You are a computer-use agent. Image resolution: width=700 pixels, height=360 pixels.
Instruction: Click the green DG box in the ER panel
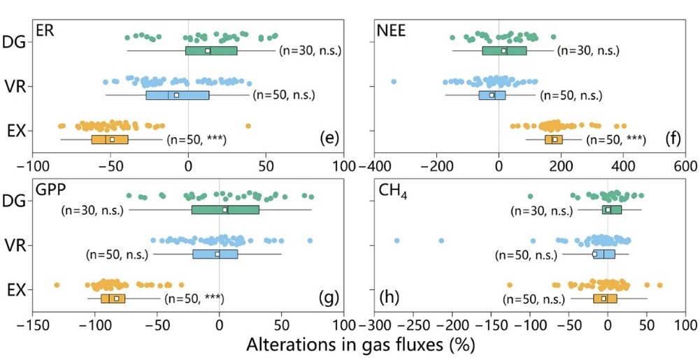click(x=211, y=50)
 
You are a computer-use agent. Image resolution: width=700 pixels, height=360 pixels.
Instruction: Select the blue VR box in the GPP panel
click(x=215, y=254)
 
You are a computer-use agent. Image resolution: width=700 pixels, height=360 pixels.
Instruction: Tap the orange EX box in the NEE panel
click(x=554, y=139)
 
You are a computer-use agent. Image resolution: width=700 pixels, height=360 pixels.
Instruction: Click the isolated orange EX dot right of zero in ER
click(x=248, y=126)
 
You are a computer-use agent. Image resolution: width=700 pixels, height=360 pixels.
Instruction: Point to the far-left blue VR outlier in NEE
click(x=393, y=82)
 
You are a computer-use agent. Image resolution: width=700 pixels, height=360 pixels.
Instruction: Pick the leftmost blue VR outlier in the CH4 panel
click(x=397, y=240)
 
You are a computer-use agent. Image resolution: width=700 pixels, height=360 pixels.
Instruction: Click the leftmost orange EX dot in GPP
click(x=57, y=285)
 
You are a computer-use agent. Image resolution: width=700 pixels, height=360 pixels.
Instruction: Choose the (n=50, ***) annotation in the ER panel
click(x=199, y=139)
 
